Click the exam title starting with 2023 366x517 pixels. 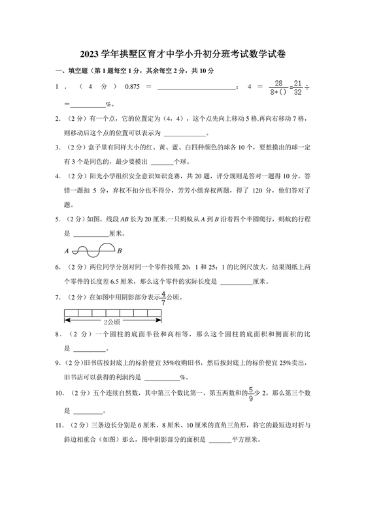(x=183, y=55)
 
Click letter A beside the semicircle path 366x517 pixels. (x=67, y=251)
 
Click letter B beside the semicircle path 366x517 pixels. (x=120, y=251)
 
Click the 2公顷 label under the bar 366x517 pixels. (x=113, y=322)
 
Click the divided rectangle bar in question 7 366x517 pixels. (x=113, y=312)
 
